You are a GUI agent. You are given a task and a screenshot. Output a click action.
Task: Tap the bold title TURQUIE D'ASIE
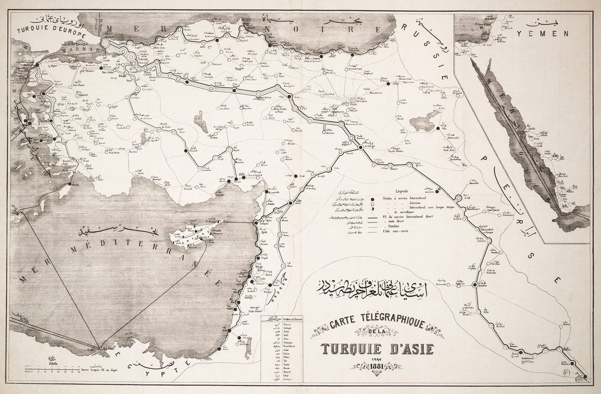click(377, 351)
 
